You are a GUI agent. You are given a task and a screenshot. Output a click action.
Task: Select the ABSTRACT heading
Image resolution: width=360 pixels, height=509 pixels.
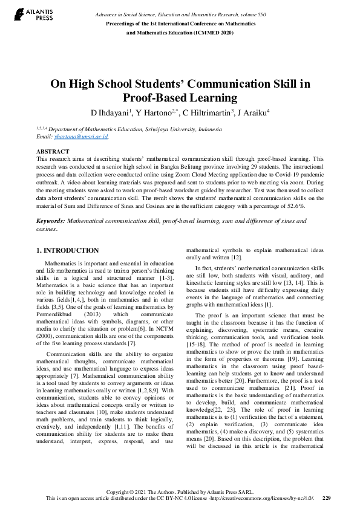coord(53,152)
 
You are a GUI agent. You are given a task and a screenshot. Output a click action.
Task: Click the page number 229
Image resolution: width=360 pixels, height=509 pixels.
coord(326,498)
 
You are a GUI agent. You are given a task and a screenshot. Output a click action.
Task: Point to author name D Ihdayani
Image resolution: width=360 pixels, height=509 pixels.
coord(110,113)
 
